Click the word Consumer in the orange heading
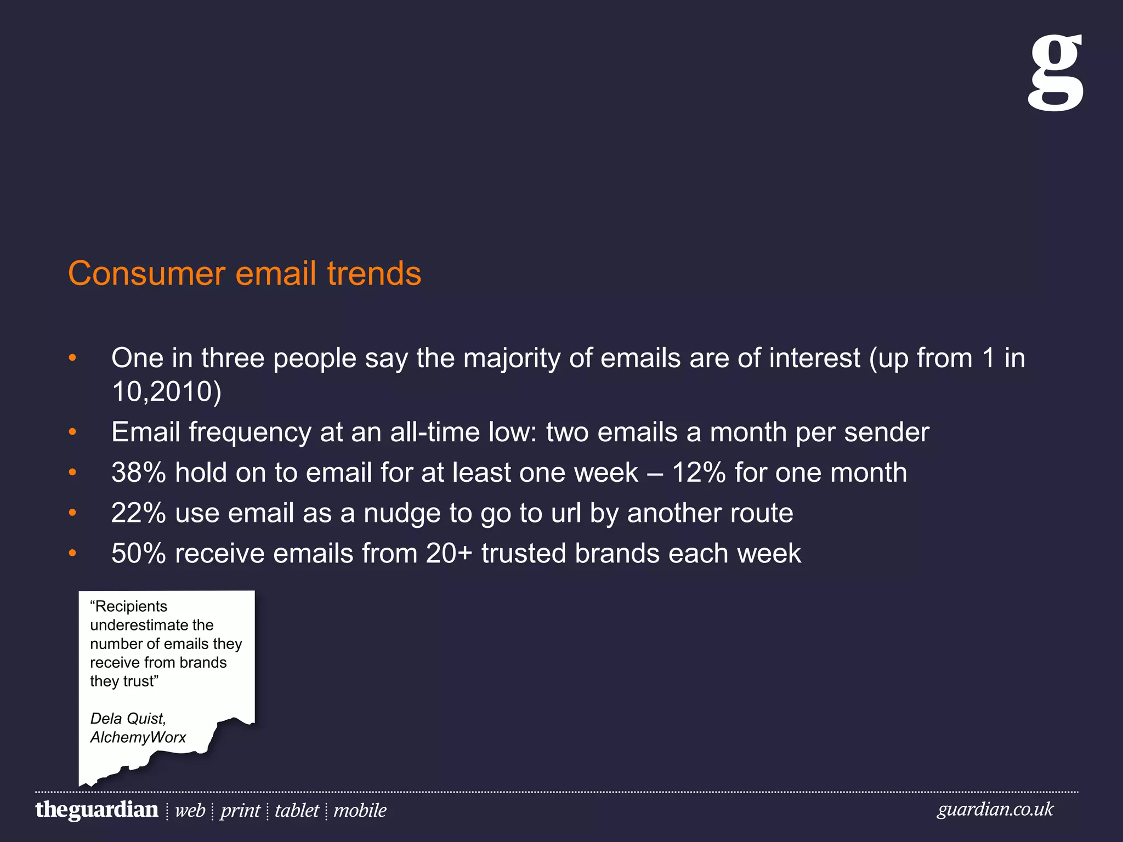tap(146, 274)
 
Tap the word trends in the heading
tap(374, 274)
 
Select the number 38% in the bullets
tap(138, 473)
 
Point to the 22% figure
tap(138, 513)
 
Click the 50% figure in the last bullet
tap(138, 553)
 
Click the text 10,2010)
tap(166, 391)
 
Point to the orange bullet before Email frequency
tap(72, 433)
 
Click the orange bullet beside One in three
tap(72, 358)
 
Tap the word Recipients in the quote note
tap(130, 606)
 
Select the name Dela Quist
tap(128, 719)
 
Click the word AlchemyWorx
tap(138, 737)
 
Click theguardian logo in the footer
tap(97, 810)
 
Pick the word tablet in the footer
tap(297, 810)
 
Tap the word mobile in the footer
tap(360, 810)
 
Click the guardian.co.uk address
tap(995, 809)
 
